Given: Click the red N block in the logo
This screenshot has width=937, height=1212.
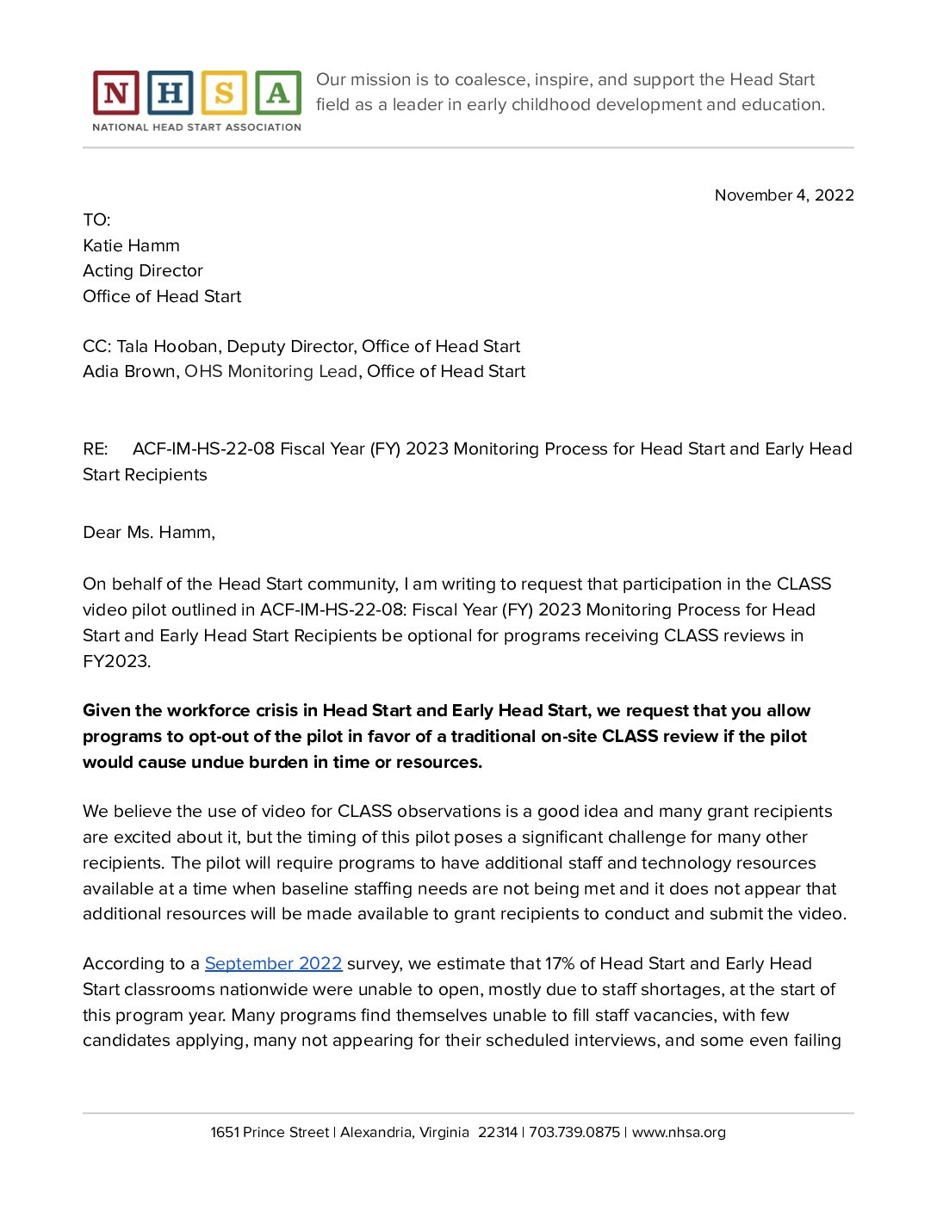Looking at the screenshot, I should tap(115, 93).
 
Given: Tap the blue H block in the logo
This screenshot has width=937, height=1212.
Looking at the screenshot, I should tap(170, 93).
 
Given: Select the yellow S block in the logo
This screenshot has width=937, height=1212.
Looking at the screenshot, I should tap(224, 93).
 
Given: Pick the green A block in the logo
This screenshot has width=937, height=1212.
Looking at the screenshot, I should tap(277, 93).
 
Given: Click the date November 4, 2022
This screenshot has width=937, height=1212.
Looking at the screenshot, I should tap(784, 195).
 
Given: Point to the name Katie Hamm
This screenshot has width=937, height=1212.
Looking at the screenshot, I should tap(131, 246).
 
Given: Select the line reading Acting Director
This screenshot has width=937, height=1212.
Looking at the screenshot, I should tap(143, 271).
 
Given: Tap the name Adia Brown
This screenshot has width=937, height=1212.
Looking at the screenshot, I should tap(129, 372).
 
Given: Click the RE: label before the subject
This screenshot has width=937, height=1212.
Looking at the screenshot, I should tap(96, 449).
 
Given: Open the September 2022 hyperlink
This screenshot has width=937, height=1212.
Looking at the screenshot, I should tap(273, 964).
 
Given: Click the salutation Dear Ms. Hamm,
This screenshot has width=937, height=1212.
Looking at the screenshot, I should tap(149, 533).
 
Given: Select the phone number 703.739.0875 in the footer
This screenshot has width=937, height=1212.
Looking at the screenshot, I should tap(574, 1133).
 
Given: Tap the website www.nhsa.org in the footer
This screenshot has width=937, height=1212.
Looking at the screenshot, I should tap(679, 1133).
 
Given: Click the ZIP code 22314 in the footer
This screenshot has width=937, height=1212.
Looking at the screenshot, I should tap(498, 1133).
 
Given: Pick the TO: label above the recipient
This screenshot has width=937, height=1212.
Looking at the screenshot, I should tap(96, 220).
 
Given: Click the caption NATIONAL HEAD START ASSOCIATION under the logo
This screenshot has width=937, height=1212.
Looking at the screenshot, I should tap(196, 127).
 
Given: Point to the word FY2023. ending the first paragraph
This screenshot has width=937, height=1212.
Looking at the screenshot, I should tap(117, 662).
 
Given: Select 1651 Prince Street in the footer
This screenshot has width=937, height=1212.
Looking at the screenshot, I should tap(270, 1133).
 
